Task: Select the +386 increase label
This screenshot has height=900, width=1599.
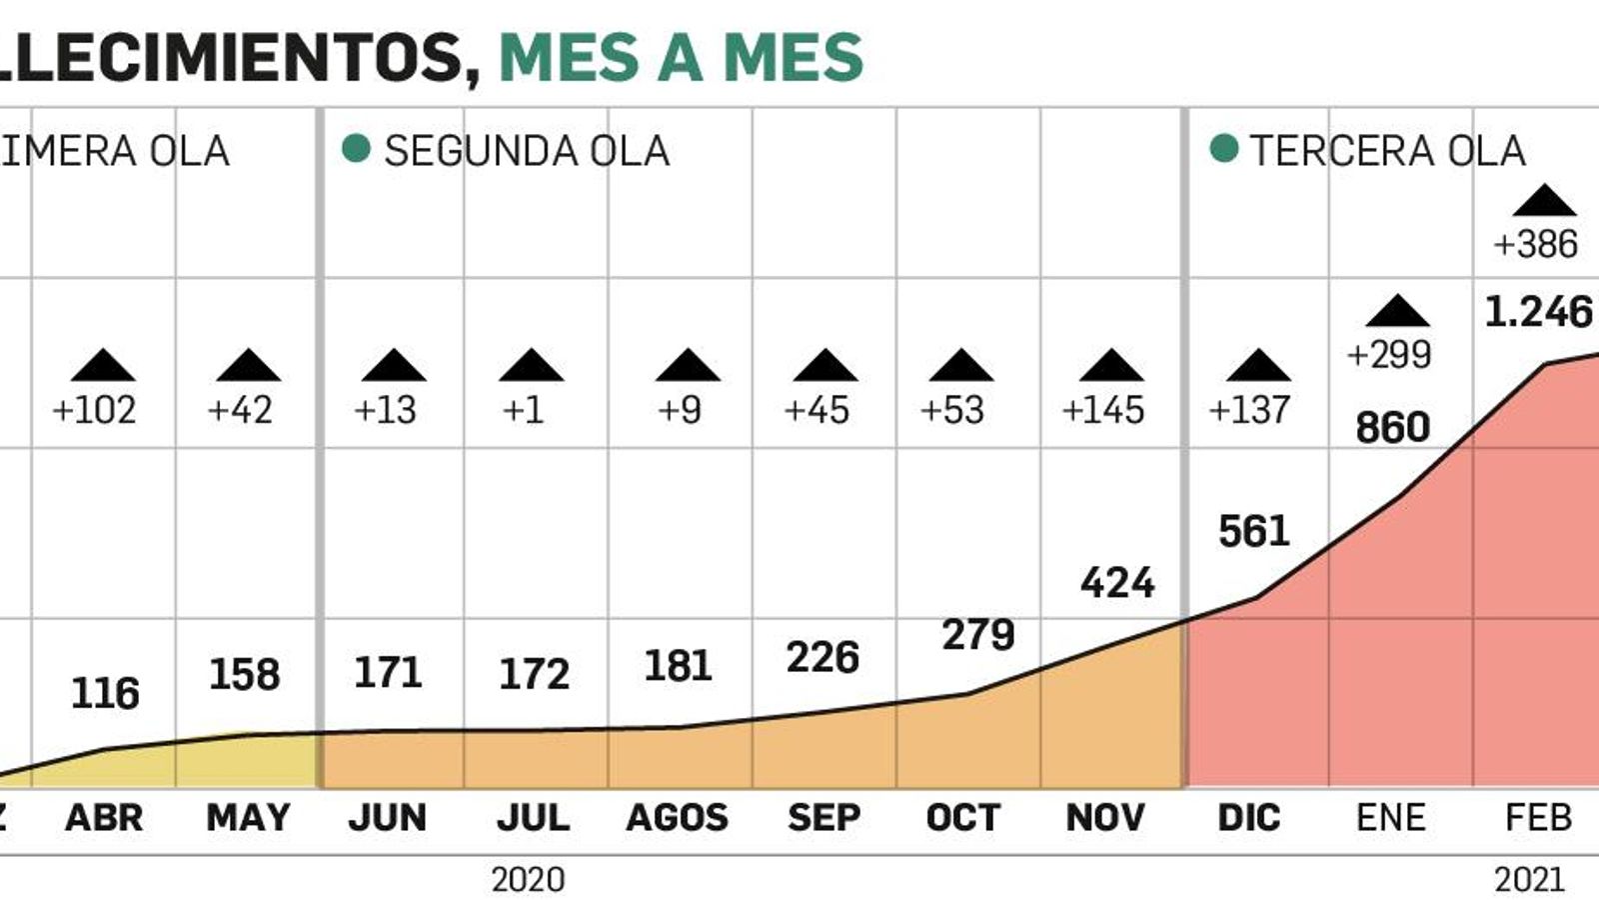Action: point(1535,244)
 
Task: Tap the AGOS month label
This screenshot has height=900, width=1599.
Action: point(677,818)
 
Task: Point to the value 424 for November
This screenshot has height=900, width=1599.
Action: point(1117,582)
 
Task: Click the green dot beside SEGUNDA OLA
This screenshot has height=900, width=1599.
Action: point(356,149)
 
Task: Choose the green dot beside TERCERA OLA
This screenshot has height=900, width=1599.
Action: point(1224,149)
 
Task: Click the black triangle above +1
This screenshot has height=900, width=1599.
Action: point(532,365)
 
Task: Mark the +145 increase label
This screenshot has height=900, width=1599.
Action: point(1103,410)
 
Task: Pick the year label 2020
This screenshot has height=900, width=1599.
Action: point(528,880)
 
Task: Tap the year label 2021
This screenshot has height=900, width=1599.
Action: point(1529,880)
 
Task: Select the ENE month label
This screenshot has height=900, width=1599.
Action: point(1391,818)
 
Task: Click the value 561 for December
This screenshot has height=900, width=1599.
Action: point(1254,531)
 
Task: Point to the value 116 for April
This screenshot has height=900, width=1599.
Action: point(105,693)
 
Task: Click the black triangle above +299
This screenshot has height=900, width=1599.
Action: point(1397,311)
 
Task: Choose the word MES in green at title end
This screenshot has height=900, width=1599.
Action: point(794,57)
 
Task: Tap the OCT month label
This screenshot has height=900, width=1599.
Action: point(962,818)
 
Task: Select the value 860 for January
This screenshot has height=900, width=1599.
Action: point(1392,428)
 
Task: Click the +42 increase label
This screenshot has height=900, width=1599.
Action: point(240,410)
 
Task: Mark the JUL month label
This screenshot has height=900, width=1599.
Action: point(533,818)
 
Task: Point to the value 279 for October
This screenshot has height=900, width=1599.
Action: point(978,634)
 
